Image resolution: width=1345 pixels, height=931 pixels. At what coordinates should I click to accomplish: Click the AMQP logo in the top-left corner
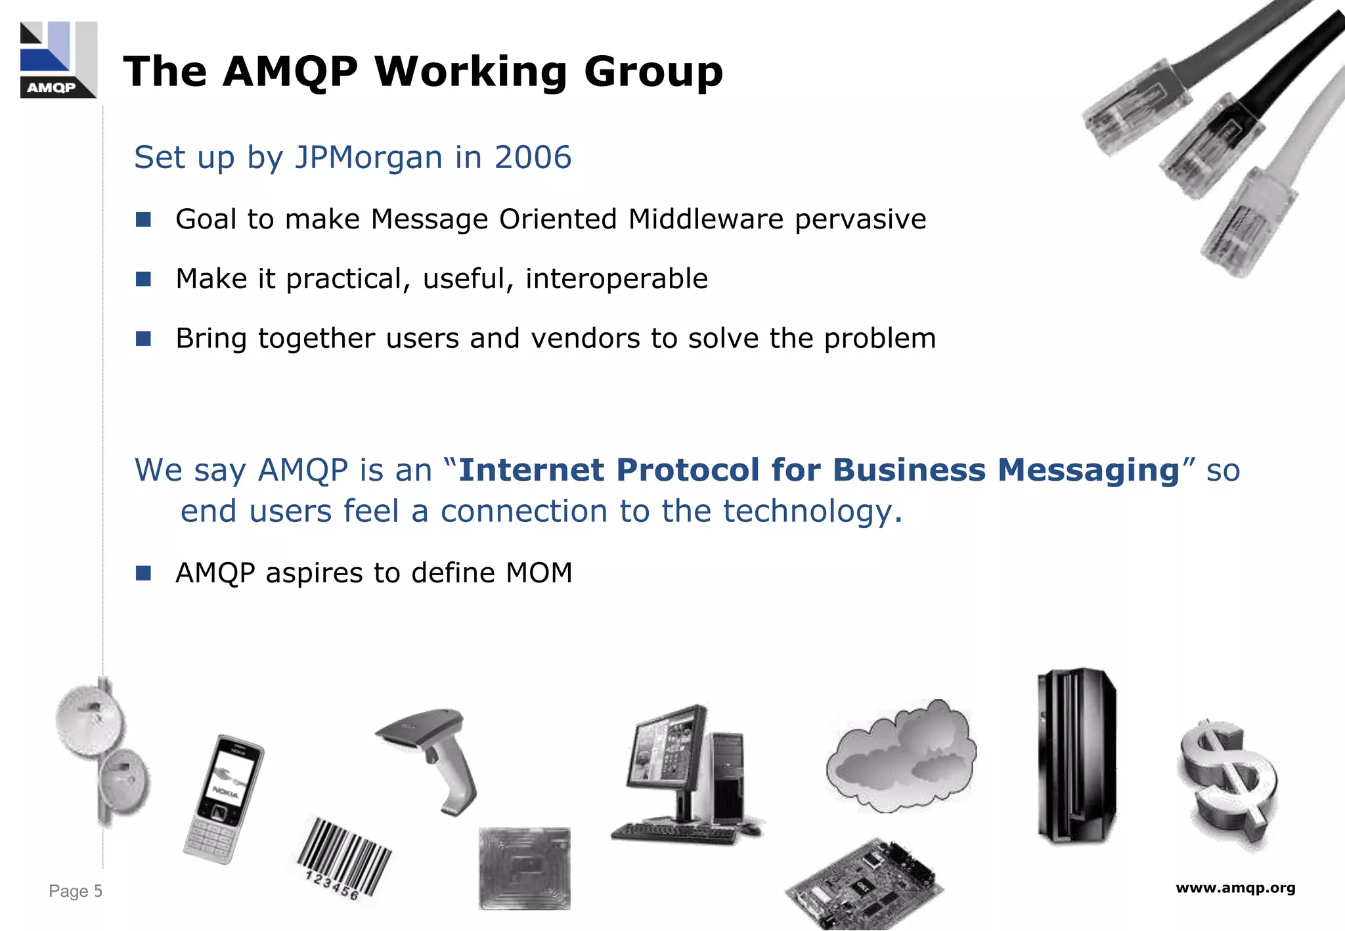click(58, 60)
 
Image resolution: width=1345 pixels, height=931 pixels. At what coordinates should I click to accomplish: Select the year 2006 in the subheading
click(533, 158)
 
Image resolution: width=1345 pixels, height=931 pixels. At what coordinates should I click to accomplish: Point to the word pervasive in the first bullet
click(860, 219)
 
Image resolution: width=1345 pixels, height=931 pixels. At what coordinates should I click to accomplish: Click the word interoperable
click(617, 279)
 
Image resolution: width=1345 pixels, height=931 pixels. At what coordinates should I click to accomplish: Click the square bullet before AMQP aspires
click(143, 573)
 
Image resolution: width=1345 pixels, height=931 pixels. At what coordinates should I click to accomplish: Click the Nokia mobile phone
click(223, 798)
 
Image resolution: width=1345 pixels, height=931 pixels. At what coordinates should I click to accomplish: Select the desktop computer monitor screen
click(665, 748)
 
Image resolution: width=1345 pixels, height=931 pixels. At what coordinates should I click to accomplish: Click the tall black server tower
click(1076, 755)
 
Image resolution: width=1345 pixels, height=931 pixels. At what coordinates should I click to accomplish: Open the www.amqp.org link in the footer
click(1235, 888)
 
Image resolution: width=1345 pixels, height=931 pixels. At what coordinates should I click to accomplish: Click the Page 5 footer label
click(76, 891)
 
